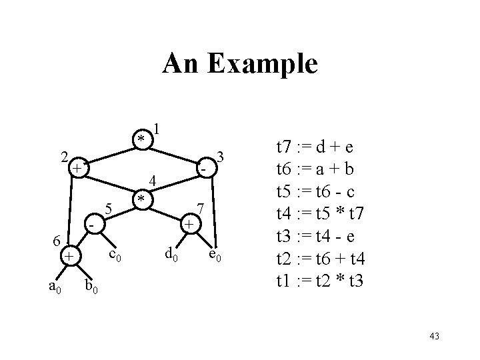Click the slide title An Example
point(240,64)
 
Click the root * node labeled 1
point(141,138)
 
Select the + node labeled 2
point(78,167)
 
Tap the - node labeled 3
point(203,170)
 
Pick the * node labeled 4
point(140,199)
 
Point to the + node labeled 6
point(68,256)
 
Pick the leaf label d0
point(171,253)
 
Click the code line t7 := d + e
point(317,146)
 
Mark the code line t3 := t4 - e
point(317,236)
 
